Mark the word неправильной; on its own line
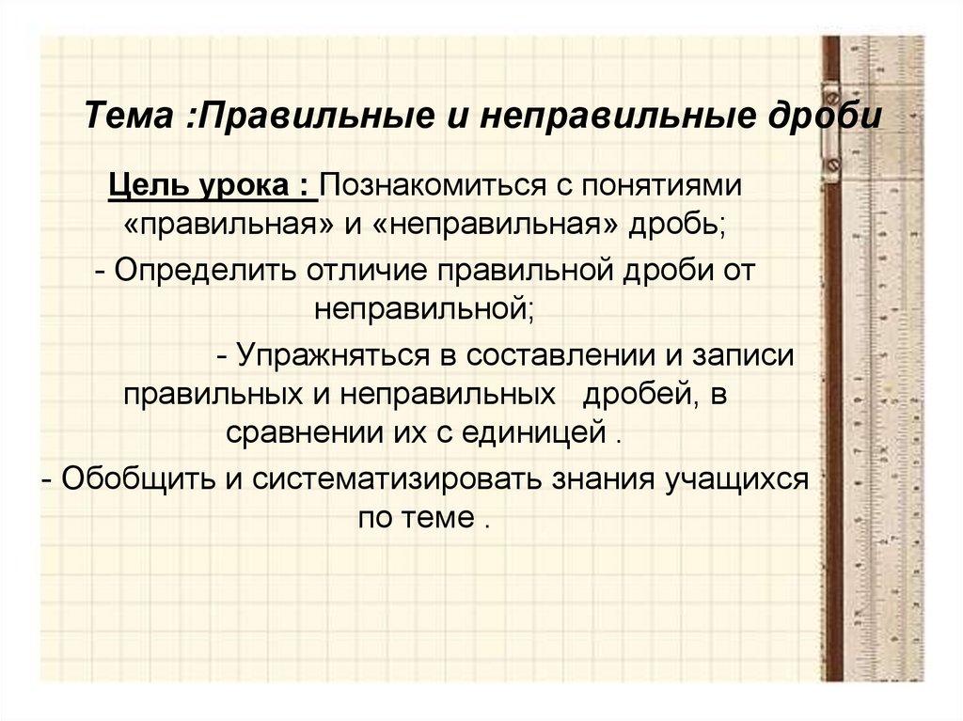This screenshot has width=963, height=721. point(424,307)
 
